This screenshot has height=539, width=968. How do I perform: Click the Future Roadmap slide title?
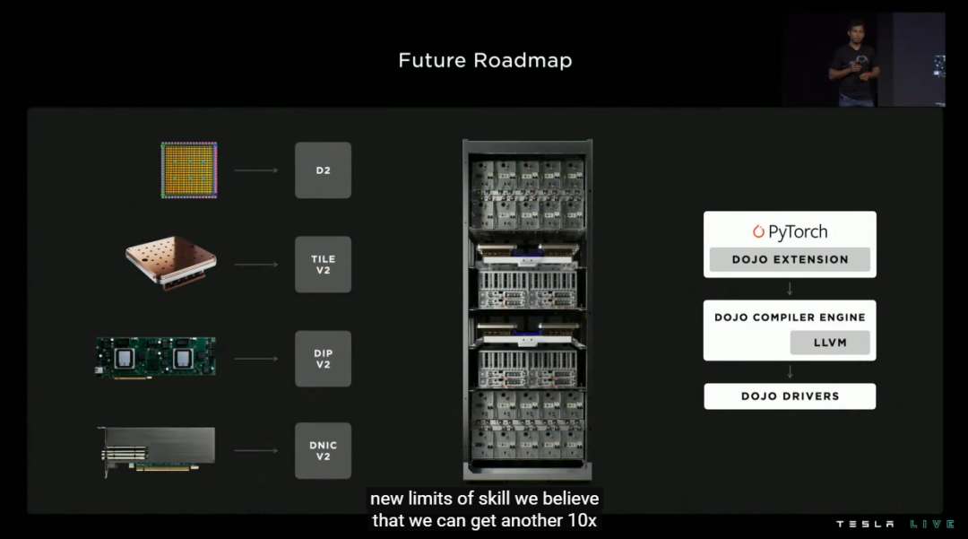(485, 60)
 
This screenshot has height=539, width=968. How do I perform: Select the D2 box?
(323, 170)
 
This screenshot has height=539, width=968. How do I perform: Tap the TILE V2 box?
(323, 265)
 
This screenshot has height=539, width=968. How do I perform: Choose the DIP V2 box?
(323, 359)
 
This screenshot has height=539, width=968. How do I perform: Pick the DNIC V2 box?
(323, 450)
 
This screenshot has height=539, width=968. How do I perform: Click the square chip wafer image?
(188, 170)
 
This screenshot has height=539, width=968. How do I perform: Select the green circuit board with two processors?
(156, 357)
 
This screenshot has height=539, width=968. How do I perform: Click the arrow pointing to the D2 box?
(255, 170)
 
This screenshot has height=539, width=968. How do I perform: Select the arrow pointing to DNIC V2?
(255, 451)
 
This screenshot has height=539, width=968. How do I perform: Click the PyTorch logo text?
(790, 231)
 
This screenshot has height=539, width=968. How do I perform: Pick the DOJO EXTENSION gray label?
(790, 259)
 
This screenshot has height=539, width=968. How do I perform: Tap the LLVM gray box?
(830, 343)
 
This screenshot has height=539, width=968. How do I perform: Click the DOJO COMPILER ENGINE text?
(790, 317)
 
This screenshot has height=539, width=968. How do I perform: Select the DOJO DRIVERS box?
(790, 396)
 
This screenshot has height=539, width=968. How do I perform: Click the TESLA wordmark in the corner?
(865, 524)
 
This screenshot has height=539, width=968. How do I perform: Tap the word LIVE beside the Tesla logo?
(931, 524)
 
